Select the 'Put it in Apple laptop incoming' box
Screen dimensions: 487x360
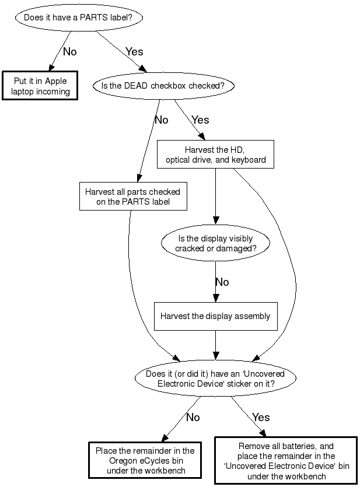click(x=40, y=86)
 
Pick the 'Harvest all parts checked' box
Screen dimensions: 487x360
click(x=132, y=197)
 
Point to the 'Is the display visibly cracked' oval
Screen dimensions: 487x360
click(x=215, y=242)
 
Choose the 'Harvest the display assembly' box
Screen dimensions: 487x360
click(x=215, y=316)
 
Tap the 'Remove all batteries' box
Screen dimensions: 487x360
click(x=285, y=460)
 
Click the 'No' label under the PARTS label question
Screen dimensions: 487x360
click(x=69, y=51)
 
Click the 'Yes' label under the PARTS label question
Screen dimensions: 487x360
click(x=134, y=51)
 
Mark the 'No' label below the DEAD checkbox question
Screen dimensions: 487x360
click(x=161, y=120)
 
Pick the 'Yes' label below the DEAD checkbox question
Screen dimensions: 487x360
click(x=200, y=120)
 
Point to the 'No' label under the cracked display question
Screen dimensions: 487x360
click(x=222, y=282)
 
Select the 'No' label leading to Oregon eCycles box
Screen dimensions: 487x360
click(x=193, y=417)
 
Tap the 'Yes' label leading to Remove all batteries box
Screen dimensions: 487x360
click(x=261, y=417)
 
